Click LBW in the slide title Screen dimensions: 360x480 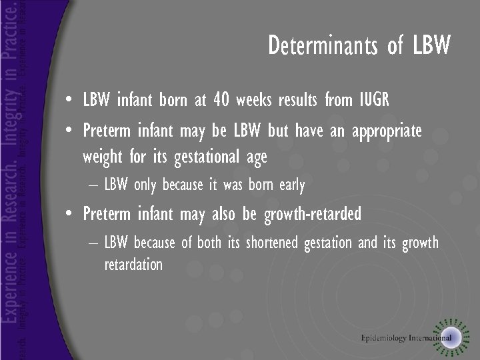[x=431, y=45]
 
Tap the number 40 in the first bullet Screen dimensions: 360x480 [x=222, y=101]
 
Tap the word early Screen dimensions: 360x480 [x=292, y=185]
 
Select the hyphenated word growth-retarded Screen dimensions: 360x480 [x=313, y=214]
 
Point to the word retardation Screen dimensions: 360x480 [x=133, y=265]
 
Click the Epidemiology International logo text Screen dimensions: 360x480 [x=406, y=338]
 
